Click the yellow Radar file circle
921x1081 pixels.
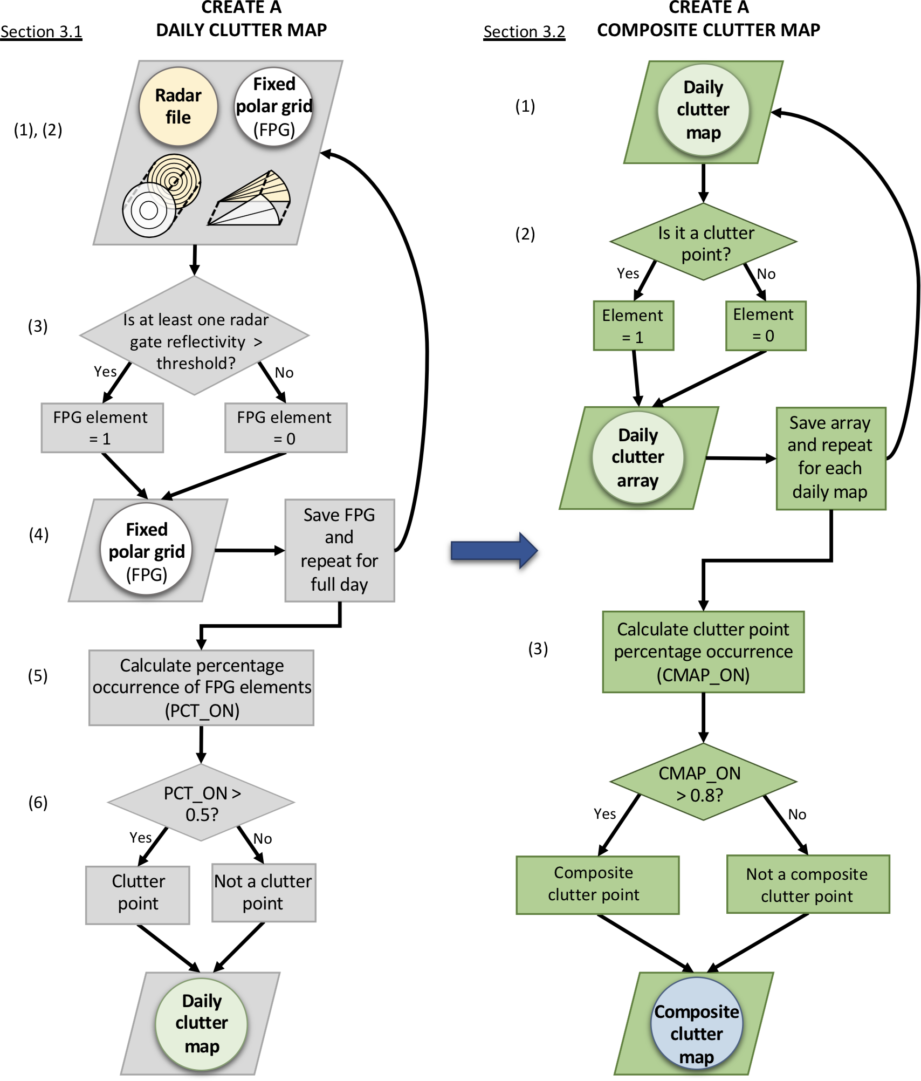point(178,107)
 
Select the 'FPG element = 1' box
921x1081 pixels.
point(102,428)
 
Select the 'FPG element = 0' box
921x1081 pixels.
point(286,428)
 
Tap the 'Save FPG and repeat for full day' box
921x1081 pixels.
point(340,550)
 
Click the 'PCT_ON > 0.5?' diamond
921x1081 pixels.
point(201,803)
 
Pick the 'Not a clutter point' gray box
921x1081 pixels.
point(264,893)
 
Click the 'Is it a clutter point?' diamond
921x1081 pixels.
point(703,242)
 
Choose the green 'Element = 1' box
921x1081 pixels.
point(634,326)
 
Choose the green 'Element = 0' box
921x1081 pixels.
point(765,326)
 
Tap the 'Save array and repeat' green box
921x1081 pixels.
point(830,458)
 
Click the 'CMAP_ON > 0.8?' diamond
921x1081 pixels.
point(703,783)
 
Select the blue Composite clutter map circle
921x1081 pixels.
point(697,1023)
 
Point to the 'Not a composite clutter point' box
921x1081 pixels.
point(808,884)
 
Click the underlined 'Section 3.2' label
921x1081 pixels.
point(524,32)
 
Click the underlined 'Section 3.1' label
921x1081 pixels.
point(41,32)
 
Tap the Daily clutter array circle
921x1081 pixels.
point(638,457)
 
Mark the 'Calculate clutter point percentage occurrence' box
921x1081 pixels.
point(703,652)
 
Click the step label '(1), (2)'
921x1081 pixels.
point(38,130)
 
